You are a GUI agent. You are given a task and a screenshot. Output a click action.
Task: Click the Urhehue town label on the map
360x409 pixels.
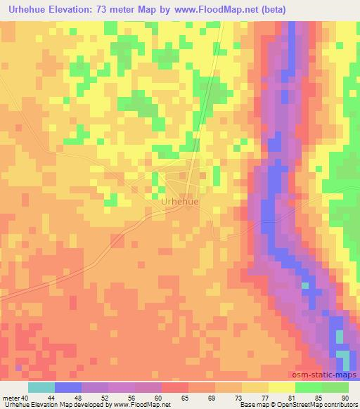click(x=179, y=201)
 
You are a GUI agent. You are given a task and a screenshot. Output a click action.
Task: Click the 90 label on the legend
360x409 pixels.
click(x=345, y=398)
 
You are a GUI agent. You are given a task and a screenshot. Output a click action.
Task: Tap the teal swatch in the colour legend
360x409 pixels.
click(x=41, y=387)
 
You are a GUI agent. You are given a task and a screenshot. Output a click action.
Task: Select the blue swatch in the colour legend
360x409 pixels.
click(x=68, y=387)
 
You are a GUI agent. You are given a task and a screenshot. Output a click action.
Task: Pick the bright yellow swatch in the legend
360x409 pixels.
click(x=282, y=387)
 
